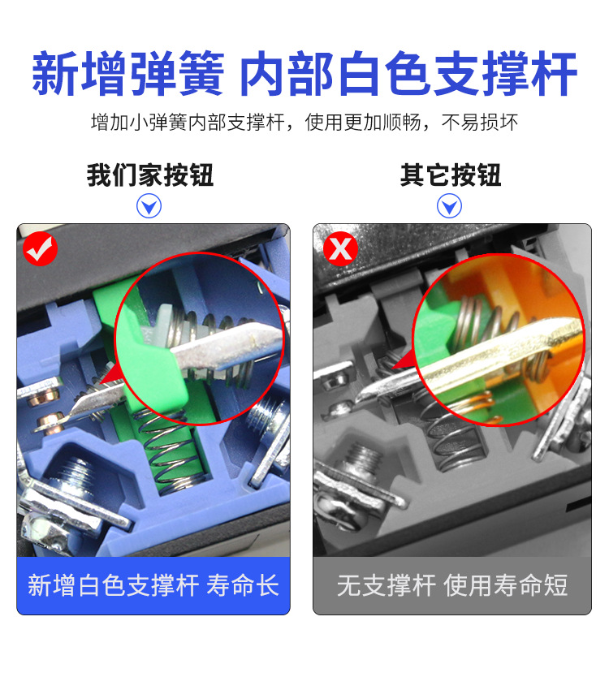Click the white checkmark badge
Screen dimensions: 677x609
coord(40,249)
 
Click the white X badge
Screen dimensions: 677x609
coord(340,249)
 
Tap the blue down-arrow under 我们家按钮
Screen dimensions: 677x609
coord(149,206)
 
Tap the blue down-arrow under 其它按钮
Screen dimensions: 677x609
coord(449,206)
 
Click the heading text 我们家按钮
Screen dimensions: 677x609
coord(150,175)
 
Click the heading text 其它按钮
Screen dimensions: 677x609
coord(451,175)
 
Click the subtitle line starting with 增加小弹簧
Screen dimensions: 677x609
coord(304,123)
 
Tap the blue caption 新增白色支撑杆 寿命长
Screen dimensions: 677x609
coord(153,585)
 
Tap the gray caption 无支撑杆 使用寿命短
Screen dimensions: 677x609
coord(452,585)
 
